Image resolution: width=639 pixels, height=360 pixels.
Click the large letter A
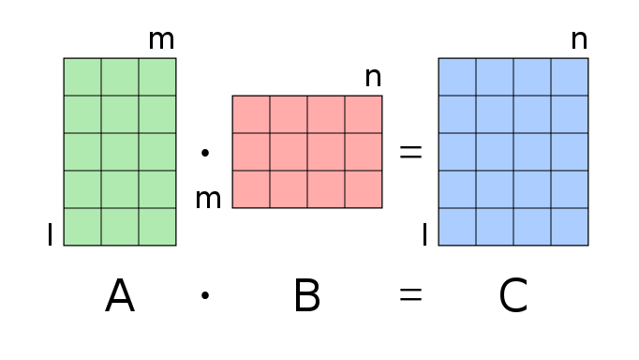[x=120, y=296]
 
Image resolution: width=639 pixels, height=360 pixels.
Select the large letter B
[x=307, y=296]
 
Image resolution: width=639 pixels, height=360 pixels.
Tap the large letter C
[x=513, y=296]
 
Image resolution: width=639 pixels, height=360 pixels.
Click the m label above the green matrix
[x=161, y=40]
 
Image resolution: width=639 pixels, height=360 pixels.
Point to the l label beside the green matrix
[x=50, y=234]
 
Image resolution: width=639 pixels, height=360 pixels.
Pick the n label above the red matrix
[x=373, y=78]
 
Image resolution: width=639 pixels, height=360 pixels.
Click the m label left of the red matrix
[x=208, y=199]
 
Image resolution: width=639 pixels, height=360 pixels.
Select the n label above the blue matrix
[x=579, y=40]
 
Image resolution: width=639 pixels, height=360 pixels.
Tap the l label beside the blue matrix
[x=424, y=234]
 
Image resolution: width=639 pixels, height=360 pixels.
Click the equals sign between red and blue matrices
[x=410, y=152]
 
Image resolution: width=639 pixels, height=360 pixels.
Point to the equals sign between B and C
[x=410, y=295]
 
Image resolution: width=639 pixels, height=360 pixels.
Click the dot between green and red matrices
[x=205, y=152]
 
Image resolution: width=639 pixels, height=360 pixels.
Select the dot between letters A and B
[x=205, y=296]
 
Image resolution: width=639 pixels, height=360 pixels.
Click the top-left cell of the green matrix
[x=82, y=77]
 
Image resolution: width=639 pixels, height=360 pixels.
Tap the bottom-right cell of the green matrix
[x=157, y=227]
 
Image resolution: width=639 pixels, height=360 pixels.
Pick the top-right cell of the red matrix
[x=364, y=114]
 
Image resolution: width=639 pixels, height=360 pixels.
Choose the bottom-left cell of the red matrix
[x=251, y=189]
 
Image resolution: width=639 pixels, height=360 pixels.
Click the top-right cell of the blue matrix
[x=570, y=77]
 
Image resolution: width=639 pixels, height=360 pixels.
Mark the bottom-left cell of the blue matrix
[x=457, y=227]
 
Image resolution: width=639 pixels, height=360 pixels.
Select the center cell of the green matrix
[x=120, y=152]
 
